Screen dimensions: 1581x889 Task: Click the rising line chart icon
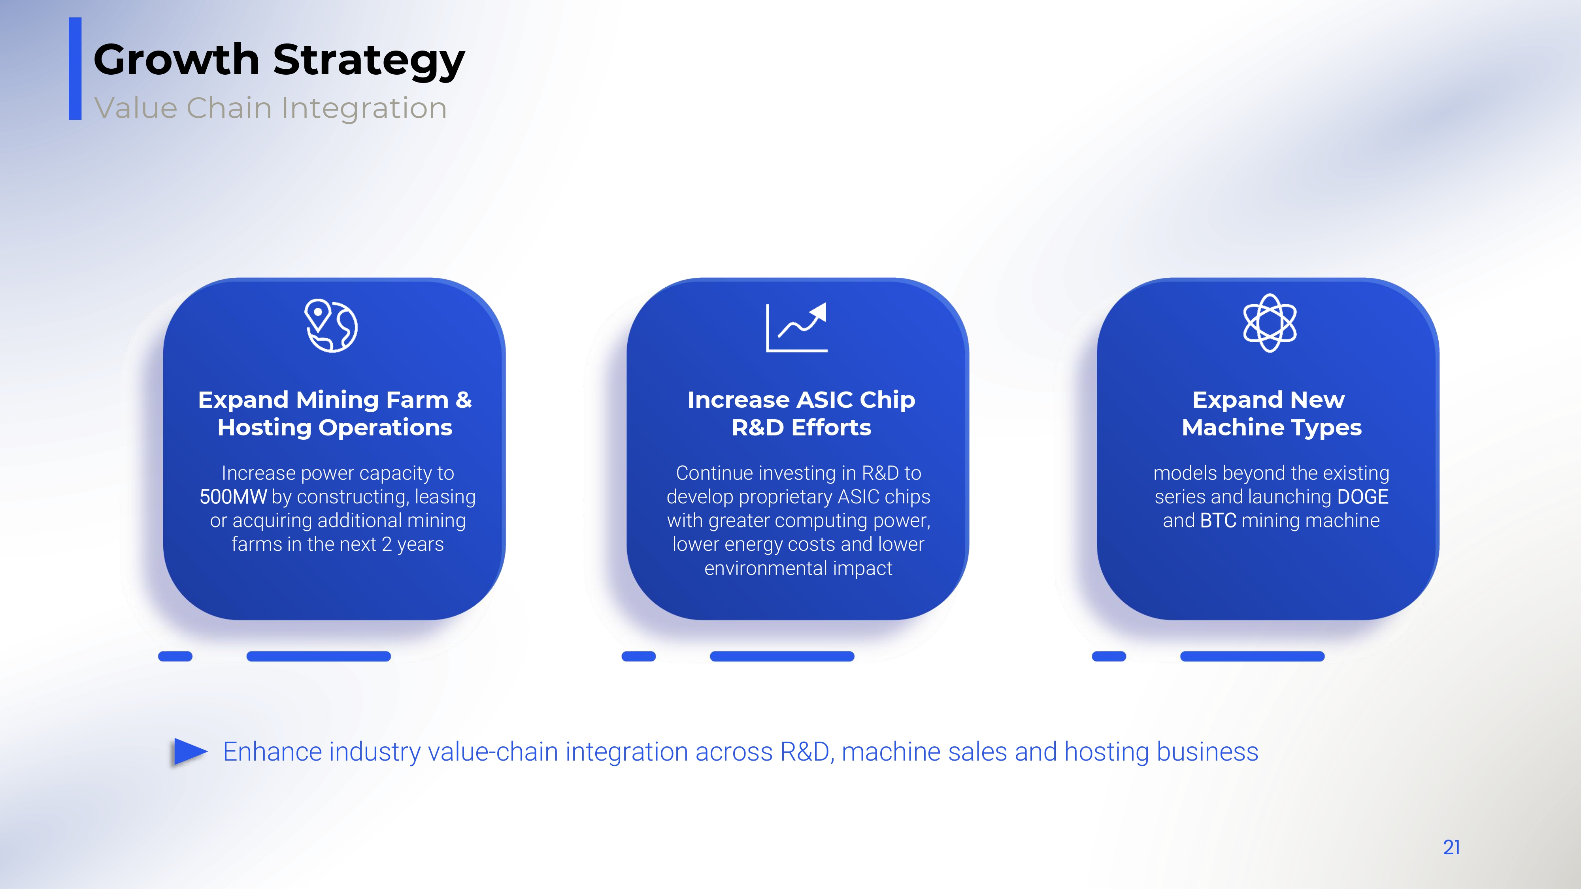coord(797,327)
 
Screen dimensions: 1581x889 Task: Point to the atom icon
coord(1270,323)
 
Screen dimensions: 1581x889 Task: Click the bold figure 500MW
coord(233,496)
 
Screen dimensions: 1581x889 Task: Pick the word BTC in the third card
coord(1218,520)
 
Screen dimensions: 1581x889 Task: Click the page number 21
coord(1451,847)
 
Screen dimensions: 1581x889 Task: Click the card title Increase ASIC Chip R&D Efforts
coord(802,414)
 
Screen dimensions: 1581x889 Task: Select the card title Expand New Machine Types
coord(1271,414)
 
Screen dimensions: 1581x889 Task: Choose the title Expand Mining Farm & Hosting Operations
coord(335,414)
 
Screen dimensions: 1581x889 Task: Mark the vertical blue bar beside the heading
coord(75,69)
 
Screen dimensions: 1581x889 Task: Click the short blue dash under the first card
coord(175,656)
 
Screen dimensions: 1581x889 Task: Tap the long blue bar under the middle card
coord(782,656)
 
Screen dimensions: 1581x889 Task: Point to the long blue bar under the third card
coord(1252,656)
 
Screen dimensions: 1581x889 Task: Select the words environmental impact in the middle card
coord(798,568)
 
